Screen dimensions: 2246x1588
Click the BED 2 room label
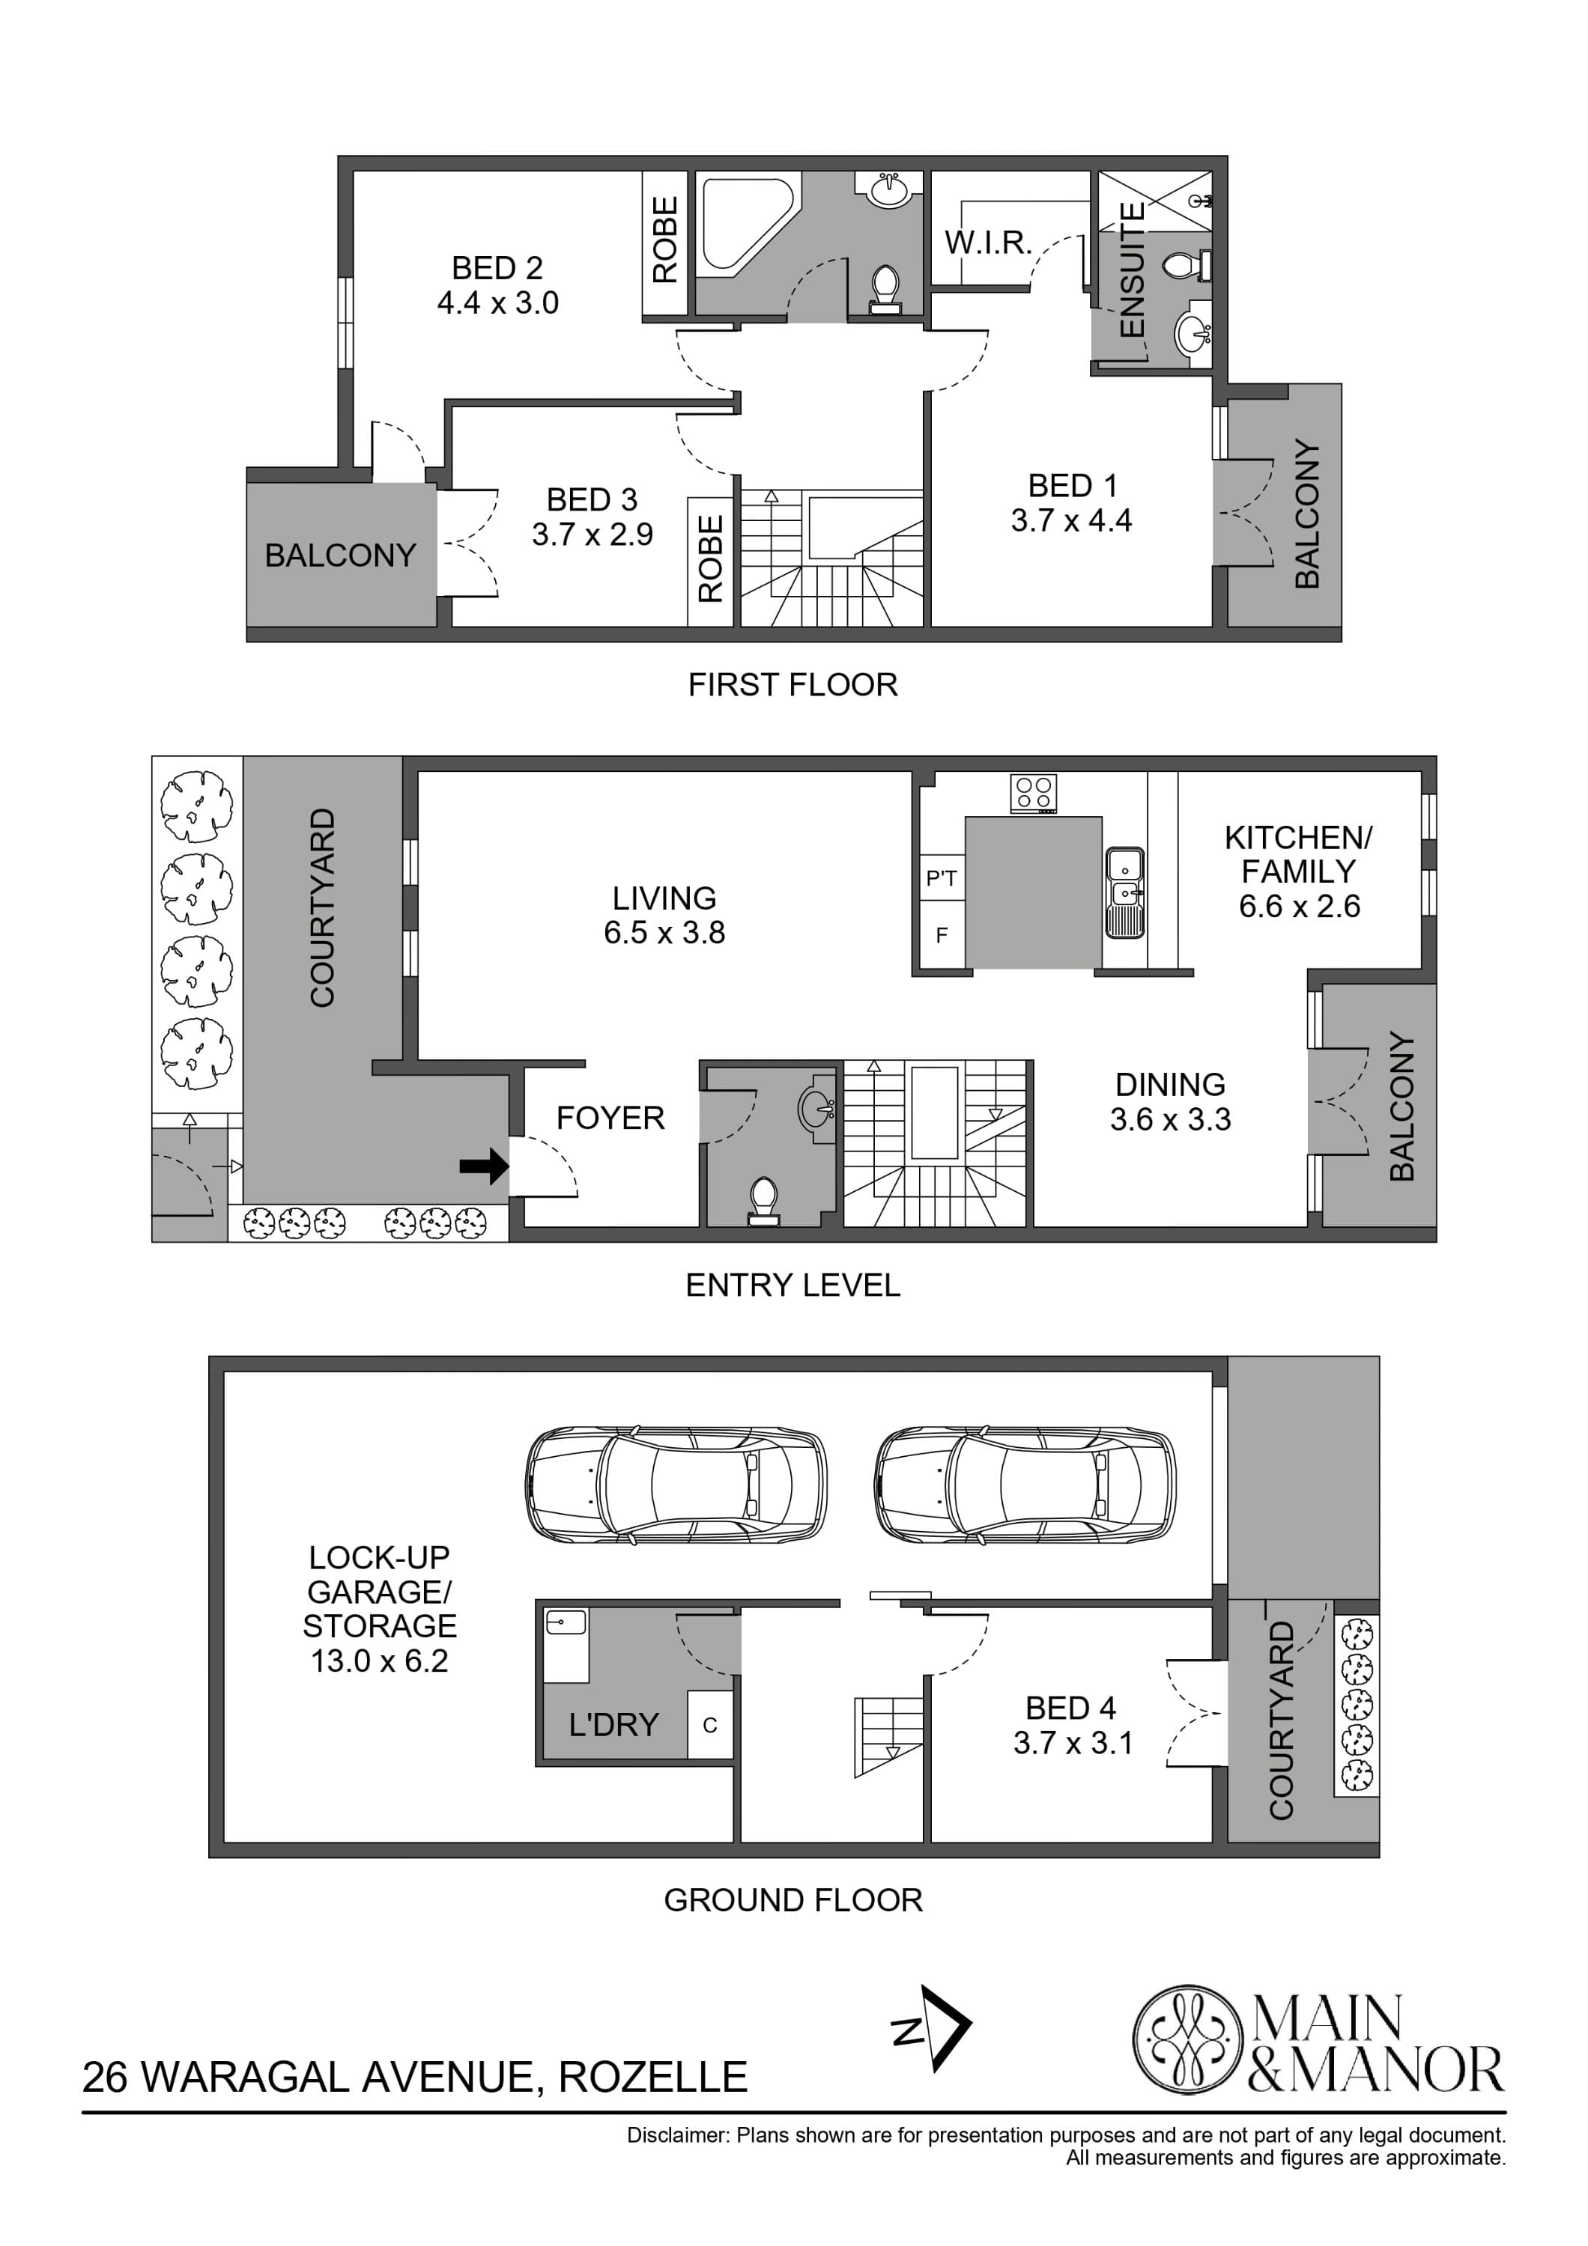[x=497, y=268]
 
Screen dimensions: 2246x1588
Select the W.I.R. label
[x=987, y=243]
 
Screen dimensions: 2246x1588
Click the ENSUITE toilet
[x=1187, y=264]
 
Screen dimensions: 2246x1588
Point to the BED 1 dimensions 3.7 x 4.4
[x=1071, y=520]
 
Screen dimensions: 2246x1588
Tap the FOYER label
[x=610, y=1118]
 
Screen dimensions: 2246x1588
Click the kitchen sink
[x=1124, y=892]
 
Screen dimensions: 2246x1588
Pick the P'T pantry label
[x=942, y=878]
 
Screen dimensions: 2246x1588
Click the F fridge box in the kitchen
[x=942, y=936]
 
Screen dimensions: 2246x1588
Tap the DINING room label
[x=1170, y=1085]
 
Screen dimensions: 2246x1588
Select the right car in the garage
[x=1025, y=1484]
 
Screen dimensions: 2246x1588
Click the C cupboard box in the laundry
[x=710, y=1726]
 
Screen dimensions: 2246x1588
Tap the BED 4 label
[x=1070, y=1708]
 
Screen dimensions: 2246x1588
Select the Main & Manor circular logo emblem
[x=1187, y=2041]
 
